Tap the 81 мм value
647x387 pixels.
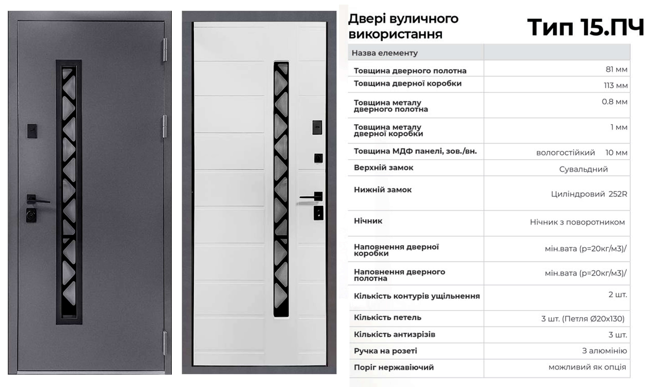click(x=616, y=69)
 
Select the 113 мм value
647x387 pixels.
click(x=615, y=86)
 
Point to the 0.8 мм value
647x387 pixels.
click(x=614, y=102)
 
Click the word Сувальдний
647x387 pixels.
click(x=583, y=169)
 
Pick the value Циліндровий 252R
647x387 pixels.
click(x=589, y=194)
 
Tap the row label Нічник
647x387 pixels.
click(x=368, y=221)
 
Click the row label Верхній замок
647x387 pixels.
click(x=383, y=168)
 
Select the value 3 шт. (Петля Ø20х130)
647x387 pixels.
click(x=583, y=319)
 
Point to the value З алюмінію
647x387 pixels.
click(x=604, y=351)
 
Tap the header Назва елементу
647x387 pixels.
click(x=385, y=53)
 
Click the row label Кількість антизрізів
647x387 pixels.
click(x=394, y=334)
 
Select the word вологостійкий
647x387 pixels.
click(x=565, y=153)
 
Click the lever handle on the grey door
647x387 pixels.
click(x=38, y=199)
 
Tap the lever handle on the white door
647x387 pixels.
click(x=311, y=197)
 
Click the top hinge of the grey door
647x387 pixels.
click(x=165, y=50)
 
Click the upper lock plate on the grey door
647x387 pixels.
click(x=32, y=131)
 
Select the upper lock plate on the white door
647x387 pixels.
click(x=317, y=127)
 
